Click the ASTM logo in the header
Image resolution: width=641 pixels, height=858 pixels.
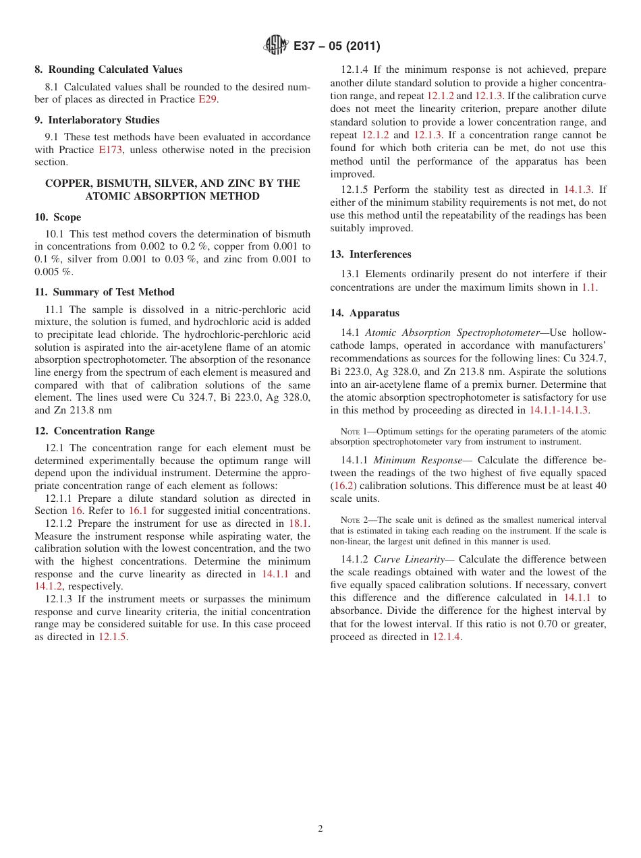click(275, 46)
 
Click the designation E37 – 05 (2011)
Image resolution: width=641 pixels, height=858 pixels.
click(337, 47)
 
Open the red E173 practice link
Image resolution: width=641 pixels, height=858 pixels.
click(110, 150)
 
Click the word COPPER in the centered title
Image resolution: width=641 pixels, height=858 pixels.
click(66, 183)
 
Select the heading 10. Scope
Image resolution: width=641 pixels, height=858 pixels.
click(57, 217)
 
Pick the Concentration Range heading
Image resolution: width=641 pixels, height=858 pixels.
click(94, 431)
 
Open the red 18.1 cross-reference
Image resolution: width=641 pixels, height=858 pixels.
click(298, 523)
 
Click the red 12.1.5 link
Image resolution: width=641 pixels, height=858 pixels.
click(112, 637)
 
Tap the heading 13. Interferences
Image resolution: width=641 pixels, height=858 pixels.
click(370, 254)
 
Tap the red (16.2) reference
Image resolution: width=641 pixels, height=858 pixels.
click(343, 486)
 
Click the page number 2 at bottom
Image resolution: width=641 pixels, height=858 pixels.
click(320, 829)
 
